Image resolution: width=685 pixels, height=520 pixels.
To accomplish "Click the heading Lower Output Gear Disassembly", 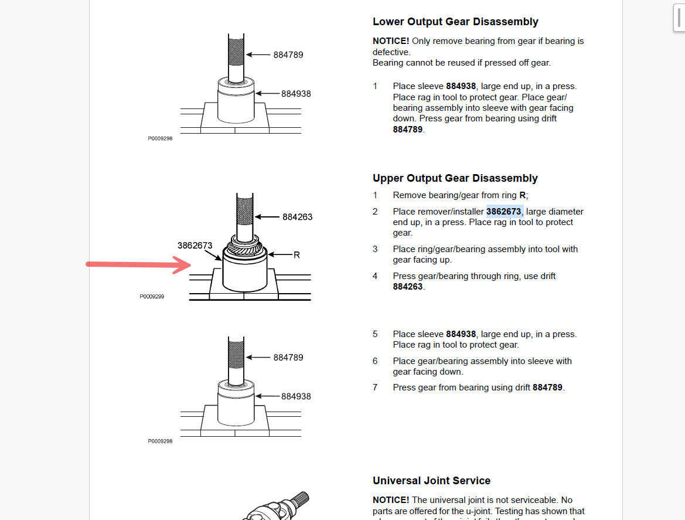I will coord(455,22).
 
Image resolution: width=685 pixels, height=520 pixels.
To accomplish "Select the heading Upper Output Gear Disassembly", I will coord(455,178).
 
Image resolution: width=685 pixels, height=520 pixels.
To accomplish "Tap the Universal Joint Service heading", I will coord(431,481).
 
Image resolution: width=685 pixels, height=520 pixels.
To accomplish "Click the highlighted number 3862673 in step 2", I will coord(504,212).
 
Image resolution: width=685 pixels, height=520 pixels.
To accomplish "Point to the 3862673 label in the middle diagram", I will coord(195,246).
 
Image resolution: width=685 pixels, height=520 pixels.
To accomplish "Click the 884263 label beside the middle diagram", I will coord(297,217).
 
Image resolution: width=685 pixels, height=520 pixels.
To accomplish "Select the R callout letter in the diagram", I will coord(297,255).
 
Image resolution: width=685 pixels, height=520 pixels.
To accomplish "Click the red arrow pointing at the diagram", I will coord(138,265).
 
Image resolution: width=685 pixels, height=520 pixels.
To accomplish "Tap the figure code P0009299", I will coord(152,297).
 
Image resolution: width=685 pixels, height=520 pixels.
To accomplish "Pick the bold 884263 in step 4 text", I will coord(408,287).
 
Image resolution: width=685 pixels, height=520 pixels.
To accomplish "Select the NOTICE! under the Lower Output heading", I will coord(391,41).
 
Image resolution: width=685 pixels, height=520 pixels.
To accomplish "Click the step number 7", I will coord(375,388).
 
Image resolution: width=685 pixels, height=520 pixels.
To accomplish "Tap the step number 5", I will coord(375,334).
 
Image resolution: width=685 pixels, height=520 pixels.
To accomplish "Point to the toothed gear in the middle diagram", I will coord(244,250).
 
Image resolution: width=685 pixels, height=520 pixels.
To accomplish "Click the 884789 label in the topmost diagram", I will coord(288,55).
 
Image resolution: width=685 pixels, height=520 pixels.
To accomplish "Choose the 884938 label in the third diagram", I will coord(296,396).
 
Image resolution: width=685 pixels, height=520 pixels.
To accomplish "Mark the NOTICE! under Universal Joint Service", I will coord(391,500).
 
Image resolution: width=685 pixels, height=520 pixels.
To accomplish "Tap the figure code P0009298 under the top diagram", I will coord(160,139).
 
